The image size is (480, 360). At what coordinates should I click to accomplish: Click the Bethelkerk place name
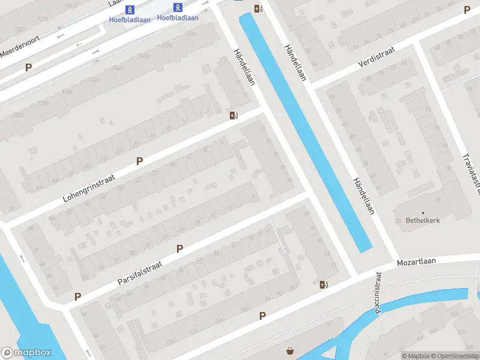[422, 220]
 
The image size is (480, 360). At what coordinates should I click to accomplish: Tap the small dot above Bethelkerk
[422, 212]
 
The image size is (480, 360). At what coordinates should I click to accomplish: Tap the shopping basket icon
[291, 351]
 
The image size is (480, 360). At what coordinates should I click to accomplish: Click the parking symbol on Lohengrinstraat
[139, 161]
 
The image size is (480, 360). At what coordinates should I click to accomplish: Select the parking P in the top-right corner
[467, 10]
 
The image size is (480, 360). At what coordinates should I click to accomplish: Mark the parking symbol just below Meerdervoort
[28, 68]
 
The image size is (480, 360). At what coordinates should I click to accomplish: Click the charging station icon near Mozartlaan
[324, 284]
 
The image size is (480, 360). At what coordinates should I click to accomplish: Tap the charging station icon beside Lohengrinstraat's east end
[233, 115]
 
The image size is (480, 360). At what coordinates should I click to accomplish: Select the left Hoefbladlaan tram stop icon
[130, 9]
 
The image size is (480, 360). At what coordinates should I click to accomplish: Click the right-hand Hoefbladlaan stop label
[178, 18]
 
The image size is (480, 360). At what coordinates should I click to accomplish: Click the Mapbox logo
[26, 353]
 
